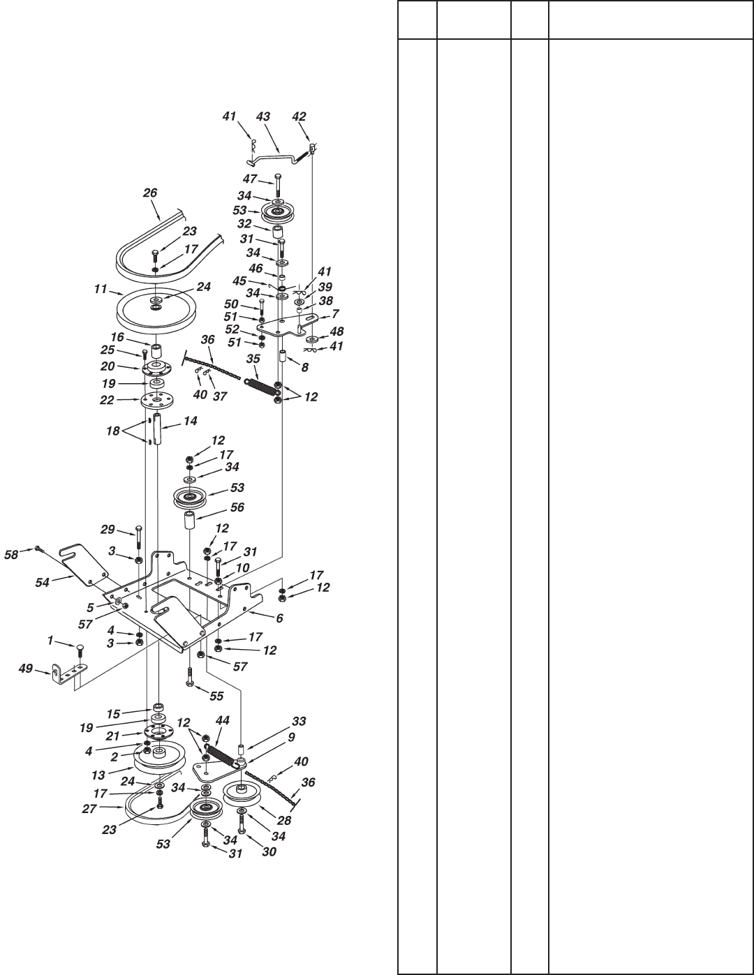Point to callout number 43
coord(263,117)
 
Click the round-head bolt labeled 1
coord(81,649)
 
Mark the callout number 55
coord(207,697)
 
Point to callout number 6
coord(279,618)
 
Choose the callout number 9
coord(291,736)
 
